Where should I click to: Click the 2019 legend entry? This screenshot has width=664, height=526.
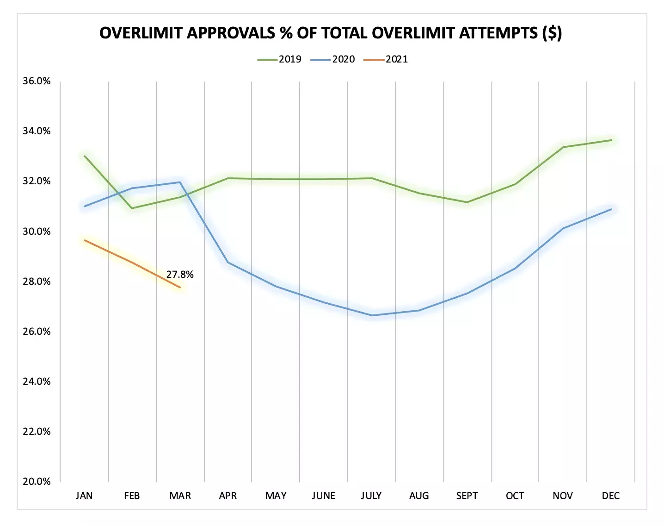tap(280, 59)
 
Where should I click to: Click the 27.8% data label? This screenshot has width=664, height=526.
tap(180, 275)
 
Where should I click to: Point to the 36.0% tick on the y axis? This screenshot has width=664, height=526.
tap(37, 81)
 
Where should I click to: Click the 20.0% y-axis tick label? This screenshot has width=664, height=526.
tap(37, 482)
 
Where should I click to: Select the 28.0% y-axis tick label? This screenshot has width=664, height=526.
tap(37, 282)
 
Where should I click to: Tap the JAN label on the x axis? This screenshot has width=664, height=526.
tap(84, 496)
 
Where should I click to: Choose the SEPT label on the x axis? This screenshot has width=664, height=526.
tap(467, 496)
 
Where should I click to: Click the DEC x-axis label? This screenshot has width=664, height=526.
tap(611, 496)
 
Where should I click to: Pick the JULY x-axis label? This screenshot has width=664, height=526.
tap(371, 496)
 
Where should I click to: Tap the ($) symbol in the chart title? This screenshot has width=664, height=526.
tap(552, 33)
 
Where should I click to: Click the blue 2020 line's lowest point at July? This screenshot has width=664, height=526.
tap(372, 315)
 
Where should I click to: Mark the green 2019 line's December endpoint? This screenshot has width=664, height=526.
tap(611, 140)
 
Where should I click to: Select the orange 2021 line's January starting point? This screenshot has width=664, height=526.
tap(85, 240)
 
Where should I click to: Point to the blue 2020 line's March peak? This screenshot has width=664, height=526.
tap(180, 182)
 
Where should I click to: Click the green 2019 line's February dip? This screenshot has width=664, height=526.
tap(132, 208)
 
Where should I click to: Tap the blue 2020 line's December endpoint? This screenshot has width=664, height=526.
tap(611, 209)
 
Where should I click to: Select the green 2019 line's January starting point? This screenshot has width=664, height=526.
tap(85, 156)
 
